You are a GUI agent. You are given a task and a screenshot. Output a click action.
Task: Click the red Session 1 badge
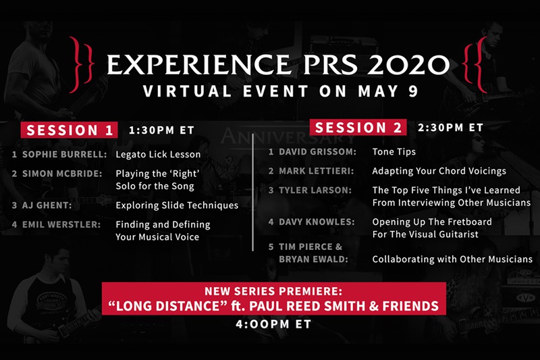point(69,130)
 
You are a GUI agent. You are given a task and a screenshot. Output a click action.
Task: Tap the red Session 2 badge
point(358,128)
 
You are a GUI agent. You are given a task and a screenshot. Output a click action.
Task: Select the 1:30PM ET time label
point(161,130)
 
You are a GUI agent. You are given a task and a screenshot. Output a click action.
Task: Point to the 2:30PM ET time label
point(450,128)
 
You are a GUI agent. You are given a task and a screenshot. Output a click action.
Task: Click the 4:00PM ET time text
point(273,324)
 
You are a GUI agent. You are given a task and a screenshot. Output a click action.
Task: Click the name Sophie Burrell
point(64,155)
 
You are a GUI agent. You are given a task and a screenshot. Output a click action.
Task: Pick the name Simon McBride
point(62,174)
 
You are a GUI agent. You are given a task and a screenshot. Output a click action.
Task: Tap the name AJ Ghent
point(47,205)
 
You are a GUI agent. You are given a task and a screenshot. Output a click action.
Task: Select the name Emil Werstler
point(61,225)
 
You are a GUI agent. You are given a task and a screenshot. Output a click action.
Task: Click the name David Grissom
point(317,151)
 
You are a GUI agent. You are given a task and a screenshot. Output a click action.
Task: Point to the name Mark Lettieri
point(316,171)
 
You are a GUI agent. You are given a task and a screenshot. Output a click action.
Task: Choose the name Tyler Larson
point(315,190)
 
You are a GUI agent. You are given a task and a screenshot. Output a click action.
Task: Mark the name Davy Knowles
point(317,222)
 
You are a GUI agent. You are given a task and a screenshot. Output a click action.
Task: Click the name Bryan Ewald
point(313,259)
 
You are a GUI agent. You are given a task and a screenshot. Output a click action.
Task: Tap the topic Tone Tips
point(394,152)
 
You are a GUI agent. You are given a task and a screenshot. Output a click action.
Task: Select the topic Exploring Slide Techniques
point(177,205)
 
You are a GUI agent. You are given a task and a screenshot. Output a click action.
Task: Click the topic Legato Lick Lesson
point(158,155)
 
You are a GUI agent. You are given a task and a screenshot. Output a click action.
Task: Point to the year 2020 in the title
point(409,64)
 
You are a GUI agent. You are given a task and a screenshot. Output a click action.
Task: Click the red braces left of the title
point(81,64)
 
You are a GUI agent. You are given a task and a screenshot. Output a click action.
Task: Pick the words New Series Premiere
point(273,292)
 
